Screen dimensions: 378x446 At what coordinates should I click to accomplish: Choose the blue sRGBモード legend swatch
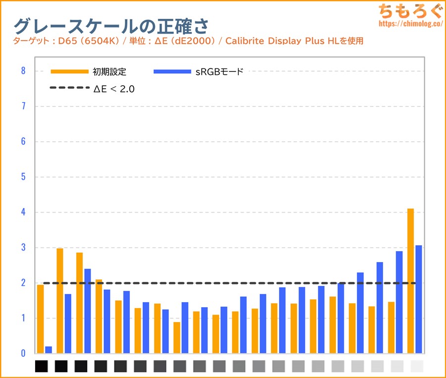point(172,72)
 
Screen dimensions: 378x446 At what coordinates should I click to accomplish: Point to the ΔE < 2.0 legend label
point(114,89)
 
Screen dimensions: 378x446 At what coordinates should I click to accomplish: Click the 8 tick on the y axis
point(23,71)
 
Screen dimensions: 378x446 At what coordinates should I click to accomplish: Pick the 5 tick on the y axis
point(23,177)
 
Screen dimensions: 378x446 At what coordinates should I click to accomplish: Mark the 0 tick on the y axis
point(23,353)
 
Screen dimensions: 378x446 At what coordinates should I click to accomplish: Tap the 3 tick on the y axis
point(23,248)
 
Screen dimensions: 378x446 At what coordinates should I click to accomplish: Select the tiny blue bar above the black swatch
point(49,350)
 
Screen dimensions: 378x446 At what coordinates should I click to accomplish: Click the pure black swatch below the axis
point(42,366)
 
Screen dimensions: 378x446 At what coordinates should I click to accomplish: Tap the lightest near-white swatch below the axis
point(417,366)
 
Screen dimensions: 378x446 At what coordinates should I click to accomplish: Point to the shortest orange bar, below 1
point(177,337)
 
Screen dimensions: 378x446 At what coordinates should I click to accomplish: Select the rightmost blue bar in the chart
point(419,299)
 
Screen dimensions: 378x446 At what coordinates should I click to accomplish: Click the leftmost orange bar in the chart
point(40,319)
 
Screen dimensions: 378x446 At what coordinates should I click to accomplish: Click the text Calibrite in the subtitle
point(244,41)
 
